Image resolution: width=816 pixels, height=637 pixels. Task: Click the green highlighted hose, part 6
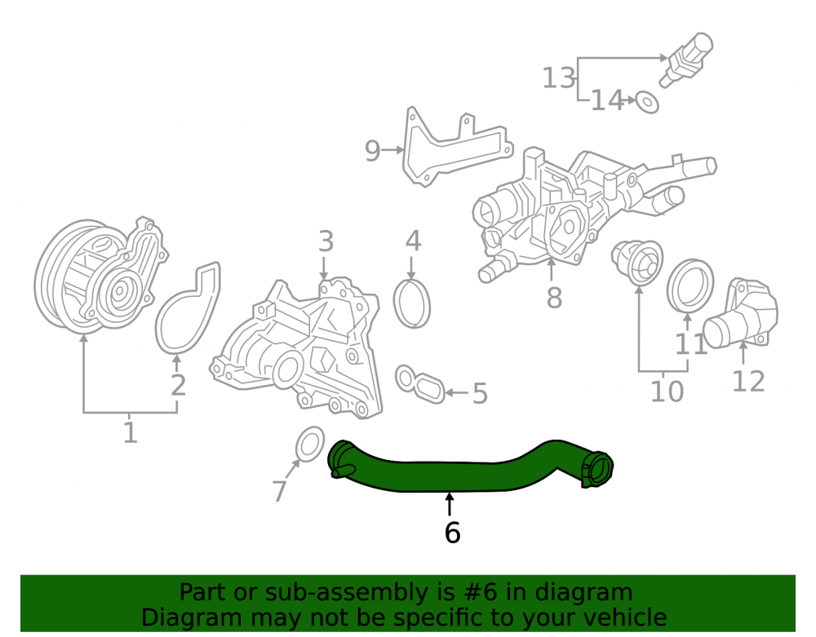pos(447,475)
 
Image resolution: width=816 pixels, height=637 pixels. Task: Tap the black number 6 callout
pos(452,533)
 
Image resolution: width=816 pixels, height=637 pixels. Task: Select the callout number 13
pos(558,78)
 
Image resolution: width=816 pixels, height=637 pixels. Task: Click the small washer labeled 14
pos(647,102)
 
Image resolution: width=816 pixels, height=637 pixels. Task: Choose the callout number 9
pos(372,150)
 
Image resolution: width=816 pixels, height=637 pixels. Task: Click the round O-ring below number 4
pos(411,303)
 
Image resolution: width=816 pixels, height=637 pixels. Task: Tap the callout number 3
pos(326,241)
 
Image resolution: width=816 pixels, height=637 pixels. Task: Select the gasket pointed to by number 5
pos(420,384)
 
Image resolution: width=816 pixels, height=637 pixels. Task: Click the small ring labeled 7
pos(310,444)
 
